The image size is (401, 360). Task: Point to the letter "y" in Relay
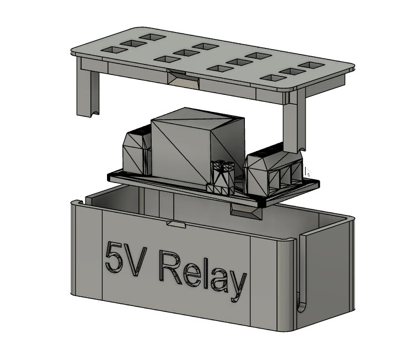pos(236,284)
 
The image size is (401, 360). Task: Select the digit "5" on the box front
pos(115,257)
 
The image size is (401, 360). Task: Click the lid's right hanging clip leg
pos(292,124)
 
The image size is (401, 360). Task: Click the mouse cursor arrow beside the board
pos(307,172)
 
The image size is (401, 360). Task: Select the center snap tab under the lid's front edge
pos(183,79)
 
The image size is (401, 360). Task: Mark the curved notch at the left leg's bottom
pos(94,113)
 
